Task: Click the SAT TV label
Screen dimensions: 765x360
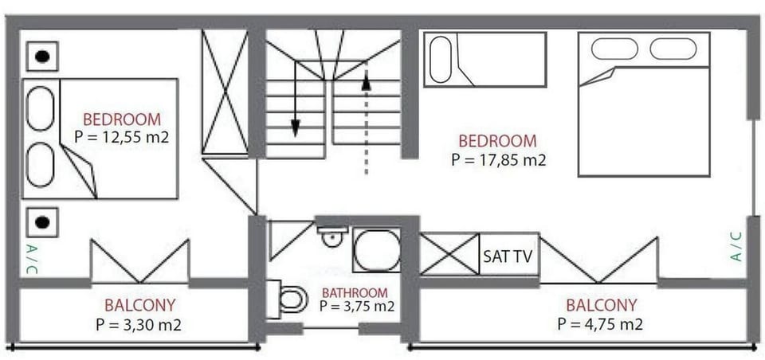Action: (508, 256)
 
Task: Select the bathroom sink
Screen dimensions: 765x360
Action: (332, 236)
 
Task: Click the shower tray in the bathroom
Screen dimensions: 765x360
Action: (377, 250)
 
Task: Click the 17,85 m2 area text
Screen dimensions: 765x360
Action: (498, 159)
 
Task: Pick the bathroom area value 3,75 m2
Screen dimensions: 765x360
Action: (357, 306)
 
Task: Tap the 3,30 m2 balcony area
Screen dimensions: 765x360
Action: (139, 324)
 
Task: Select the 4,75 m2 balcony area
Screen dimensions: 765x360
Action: (600, 324)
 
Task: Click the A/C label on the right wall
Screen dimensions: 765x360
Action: (736, 246)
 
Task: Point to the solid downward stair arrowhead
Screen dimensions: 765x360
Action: (295, 127)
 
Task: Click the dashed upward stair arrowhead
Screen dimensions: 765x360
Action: (366, 83)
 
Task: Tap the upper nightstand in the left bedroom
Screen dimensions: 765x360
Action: (42, 57)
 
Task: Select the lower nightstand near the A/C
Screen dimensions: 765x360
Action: (42, 222)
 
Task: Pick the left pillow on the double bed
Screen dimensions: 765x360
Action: (614, 49)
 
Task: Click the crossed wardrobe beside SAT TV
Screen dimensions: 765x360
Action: (449, 253)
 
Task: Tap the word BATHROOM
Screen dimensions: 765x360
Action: (355, 293)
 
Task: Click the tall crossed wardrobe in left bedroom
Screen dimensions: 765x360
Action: (225, 92)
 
